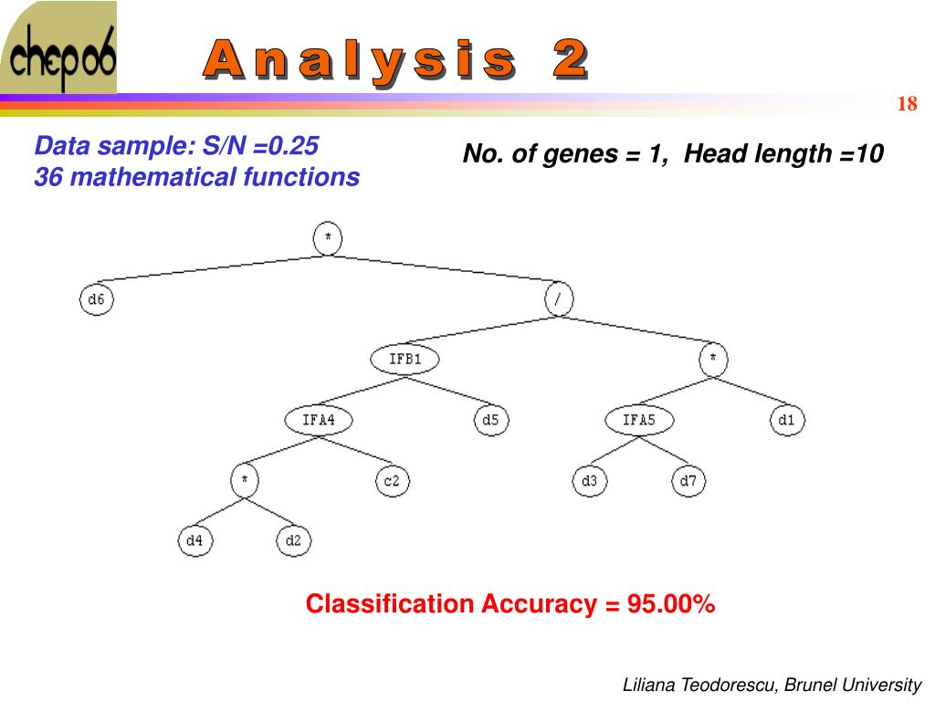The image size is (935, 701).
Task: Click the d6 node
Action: [x=96, y=299]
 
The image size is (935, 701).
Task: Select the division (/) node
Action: [x=559, y=299]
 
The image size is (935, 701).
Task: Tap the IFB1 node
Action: [x=405, y=359]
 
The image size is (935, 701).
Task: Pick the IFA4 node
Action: [x=319, y=420]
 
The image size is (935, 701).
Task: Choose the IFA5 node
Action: [x=638, y=420]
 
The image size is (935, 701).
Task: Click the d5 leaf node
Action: [x=491, y=420]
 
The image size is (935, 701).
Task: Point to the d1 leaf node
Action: [x=787, y=420]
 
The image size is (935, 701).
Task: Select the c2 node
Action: [x=391, y=481]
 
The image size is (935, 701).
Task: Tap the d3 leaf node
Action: [x=589, y=481]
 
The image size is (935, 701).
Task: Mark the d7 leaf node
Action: [x=689, y=481]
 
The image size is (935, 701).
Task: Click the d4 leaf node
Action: [x=194, y=540]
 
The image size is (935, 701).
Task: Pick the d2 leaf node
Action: [x=293, y=540]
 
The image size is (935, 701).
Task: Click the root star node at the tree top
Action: [x=328, y=239]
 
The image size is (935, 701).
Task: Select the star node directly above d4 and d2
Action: [x=244, y=481]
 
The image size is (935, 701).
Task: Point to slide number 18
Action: [x=907, y=104]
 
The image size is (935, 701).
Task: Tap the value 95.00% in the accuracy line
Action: [x=671, y=604]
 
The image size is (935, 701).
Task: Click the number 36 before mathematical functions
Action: [x=48, y=177]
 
